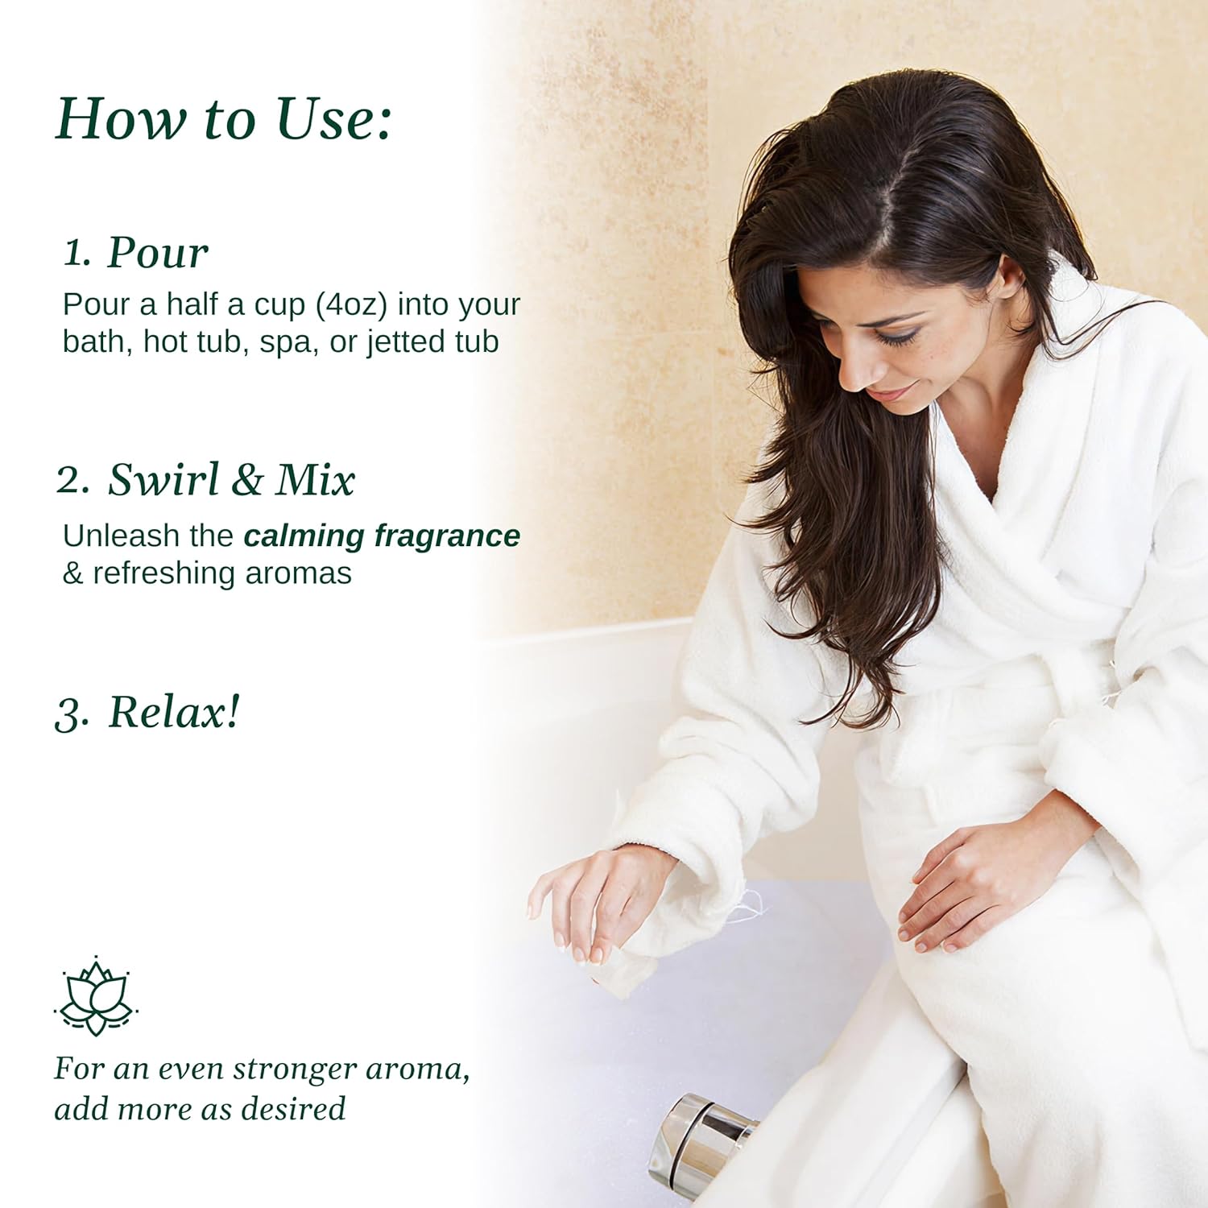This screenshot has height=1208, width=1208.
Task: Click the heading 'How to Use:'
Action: click(x=223, y=119)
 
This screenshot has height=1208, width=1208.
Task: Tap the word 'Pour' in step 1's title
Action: click(x=158, y=253)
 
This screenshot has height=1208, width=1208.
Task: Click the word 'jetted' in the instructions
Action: click(x=407, y=341)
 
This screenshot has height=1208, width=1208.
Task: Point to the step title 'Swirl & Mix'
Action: click(x=231, y=480)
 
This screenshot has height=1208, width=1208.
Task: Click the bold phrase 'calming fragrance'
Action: click(x=382, y=536)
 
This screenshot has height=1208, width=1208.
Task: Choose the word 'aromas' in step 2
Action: click(x=298, y=573)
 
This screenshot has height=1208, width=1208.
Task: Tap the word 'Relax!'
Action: click(x=174, y=712)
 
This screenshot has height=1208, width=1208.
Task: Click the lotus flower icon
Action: click(x=96, y=995)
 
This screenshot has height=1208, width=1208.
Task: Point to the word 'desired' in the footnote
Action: click(x=293, y=1109)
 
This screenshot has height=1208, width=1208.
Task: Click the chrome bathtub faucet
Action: click(x=701, y=1144)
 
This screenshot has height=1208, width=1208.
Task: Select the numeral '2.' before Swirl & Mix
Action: click(x=73, y=480)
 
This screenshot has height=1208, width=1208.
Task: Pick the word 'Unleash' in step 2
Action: click(x=121, y=536)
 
